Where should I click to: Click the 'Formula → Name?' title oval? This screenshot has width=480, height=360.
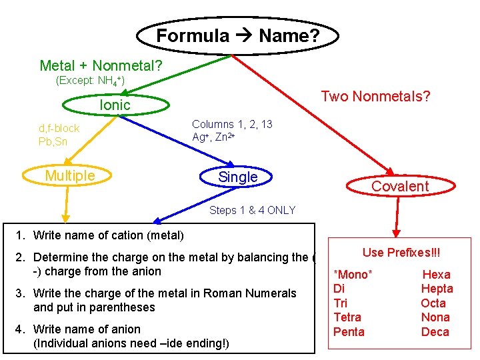pyautogui.click(x=237, y=35)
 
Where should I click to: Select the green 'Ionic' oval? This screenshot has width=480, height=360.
pyautogui.click(x=115, y=105)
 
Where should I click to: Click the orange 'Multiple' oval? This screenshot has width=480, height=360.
pyautogui.click(x=70, y=176)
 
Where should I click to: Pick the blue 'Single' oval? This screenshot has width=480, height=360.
pyautogui.click(x=237, y=177)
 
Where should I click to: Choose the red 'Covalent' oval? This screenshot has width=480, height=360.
pyautogui.click(x=400, y=187)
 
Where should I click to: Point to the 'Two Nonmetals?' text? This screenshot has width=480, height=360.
pyautogui.click(x=375, y=97)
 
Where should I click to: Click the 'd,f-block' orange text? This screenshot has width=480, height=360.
pyautogui.click(x=59, y=128)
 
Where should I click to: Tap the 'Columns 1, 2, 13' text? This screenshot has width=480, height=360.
pyautogui.click(x=232, y=124)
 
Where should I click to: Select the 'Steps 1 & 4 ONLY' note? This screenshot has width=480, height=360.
pyautogui.click(x=252, y=211)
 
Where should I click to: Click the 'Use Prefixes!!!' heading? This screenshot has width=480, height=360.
pyautogui.click(x=401, y=253)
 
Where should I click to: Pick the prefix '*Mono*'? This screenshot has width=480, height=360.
pyautogui.click(x=353, y=275)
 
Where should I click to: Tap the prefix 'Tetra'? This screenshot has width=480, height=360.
pyautogui.click(x=347, y=317)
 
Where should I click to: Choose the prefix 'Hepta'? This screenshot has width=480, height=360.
pyautogui.click(x=437, y=289)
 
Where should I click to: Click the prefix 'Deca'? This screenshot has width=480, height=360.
pyautogui.click(x=435, y=332)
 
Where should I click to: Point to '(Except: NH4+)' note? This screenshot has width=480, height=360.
pyautogui.click(x=90, y=81)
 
